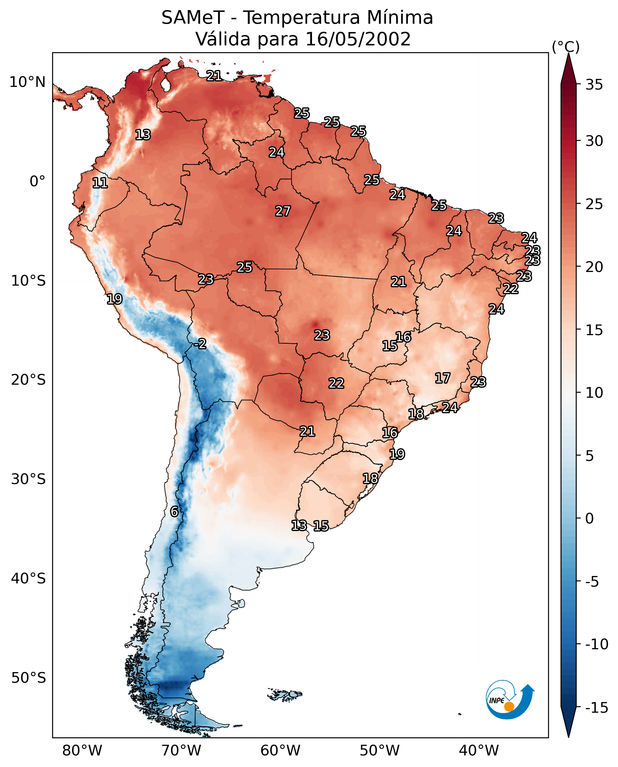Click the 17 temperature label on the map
(443, 378)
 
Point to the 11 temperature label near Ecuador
(100, 183)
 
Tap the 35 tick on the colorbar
(594, 85)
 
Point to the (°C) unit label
(566, 47)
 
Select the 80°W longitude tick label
(82, 751)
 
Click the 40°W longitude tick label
(479, 751)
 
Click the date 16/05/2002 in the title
(358, 39)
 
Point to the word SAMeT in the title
(193, 17)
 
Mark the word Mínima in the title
(400, 17)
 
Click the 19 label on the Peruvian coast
(115, 299)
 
